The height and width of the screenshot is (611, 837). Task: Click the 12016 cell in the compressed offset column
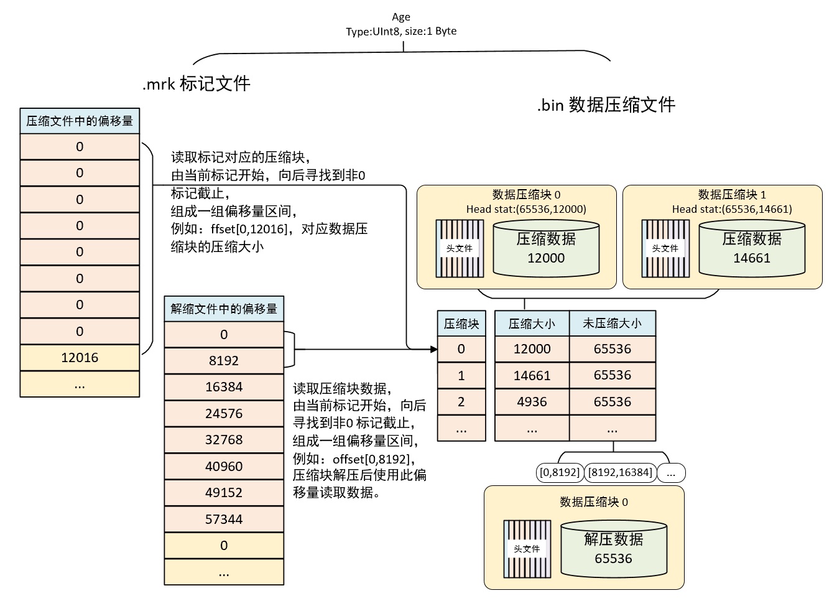pyautogui.click(x=80, y=358)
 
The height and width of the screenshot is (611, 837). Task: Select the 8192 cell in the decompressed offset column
pyautogui.click(x=224, y=360)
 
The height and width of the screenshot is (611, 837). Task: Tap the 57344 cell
pyautogui.click(x=224, y=519)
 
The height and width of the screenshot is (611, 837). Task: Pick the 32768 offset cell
pyautogui.click(x=224, y=440)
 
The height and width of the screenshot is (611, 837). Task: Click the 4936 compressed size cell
pyautogui.click(x=532, y=401)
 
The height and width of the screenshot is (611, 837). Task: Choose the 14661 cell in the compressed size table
pyautogui.click(x=532, y=375)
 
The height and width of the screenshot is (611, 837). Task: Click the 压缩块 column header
pyautogui.click(x=461, y=324)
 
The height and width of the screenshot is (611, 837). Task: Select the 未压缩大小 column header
pyautogui.click(x=613, y=324)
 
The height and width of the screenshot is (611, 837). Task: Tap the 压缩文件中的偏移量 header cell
pyautogui.click(x=80, y=121)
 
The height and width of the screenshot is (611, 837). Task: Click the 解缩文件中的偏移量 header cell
pyautogui.click(x=224, y=309)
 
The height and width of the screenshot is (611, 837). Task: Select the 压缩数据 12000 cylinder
pyautogui.click(x=546, y=249)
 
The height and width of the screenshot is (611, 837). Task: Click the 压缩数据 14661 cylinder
pyautogui.click(x=752, y=249)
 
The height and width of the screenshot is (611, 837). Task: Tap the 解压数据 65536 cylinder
pyautogui.click(x=614, y=549)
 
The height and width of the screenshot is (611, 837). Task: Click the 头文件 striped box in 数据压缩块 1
pyautogui.click(x=665, y=249)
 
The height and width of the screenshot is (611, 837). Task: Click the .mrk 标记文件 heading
pyautogui.click(x=196, y=83)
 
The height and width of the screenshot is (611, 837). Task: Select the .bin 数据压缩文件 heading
pyautogui.click(x=606, y=105)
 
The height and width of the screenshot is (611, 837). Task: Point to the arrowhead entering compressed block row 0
pyautogui.click(x=434, y=349)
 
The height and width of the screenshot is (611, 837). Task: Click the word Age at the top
pyautogui.click(x=401, y=17)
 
